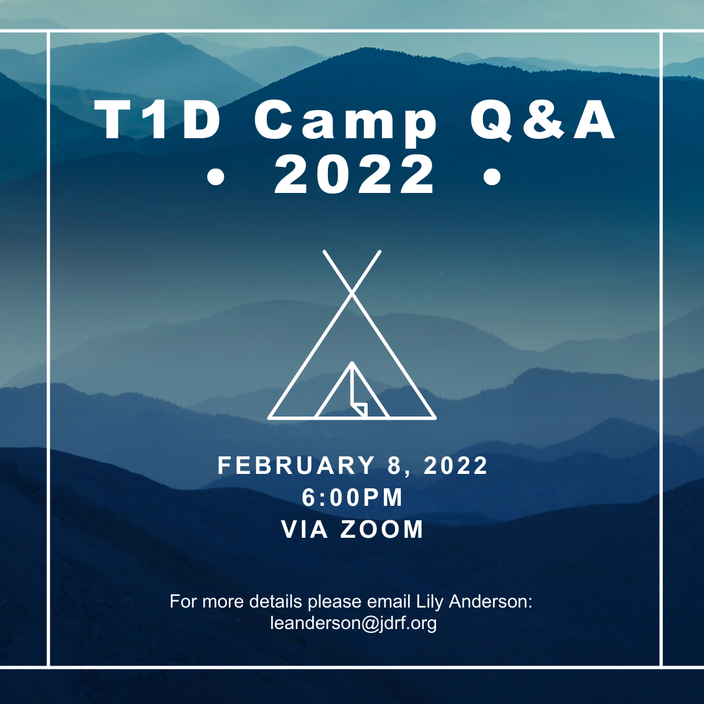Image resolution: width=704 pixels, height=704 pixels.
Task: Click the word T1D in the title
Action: tap(157, 119)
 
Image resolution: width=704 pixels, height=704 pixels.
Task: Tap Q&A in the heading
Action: tap(543, 119)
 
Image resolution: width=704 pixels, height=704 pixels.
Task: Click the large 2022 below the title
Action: tap(354, 174)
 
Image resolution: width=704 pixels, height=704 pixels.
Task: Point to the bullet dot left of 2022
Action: tap(216, 177)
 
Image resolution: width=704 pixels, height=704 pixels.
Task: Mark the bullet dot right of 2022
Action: tap(492, 177)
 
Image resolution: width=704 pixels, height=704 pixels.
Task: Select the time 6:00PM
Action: tap(353, 497)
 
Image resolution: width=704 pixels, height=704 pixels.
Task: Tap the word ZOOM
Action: tap(382, 529)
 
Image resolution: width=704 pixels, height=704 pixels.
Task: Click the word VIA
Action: tap(304, 529)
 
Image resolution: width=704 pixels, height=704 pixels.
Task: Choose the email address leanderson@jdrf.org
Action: tap(353, 623)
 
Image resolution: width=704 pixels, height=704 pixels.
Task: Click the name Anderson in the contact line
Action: tap(490, 601)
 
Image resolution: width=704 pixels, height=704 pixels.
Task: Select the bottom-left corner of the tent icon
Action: tap(269, 418)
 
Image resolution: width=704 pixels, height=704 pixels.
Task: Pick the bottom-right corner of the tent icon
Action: tap(435, 418)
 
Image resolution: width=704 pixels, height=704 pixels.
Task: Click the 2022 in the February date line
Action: tap(455, 465)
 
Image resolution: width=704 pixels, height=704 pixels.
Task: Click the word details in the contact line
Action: tap(275, 601)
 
